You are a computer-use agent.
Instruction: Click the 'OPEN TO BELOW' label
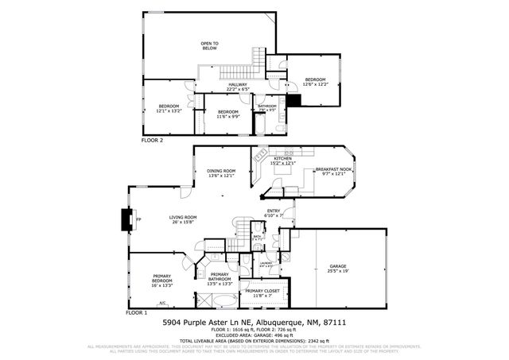coord(209,45)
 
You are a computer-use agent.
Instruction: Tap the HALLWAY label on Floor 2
coord(238,87)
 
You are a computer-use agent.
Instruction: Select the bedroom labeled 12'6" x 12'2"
coord(316,82)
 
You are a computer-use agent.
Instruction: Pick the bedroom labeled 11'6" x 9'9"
coord(229,114)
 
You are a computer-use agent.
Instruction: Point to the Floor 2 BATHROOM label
coord(266,108)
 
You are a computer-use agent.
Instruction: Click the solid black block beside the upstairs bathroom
coord(294,100)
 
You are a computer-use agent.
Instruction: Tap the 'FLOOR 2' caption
coord(152,139)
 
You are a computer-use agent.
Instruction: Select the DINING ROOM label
coord(222,173)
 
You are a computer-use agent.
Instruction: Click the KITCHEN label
coord(283,161)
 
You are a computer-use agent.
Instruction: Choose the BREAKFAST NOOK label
coord(334,171)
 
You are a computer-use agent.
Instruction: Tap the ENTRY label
coord(274,213)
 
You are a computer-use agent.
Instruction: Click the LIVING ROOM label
coord(183,219)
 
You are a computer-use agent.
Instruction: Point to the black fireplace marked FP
coord(126,219)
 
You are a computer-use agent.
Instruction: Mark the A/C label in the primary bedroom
coord(162,303)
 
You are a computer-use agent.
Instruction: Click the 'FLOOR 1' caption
coord(137,312)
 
